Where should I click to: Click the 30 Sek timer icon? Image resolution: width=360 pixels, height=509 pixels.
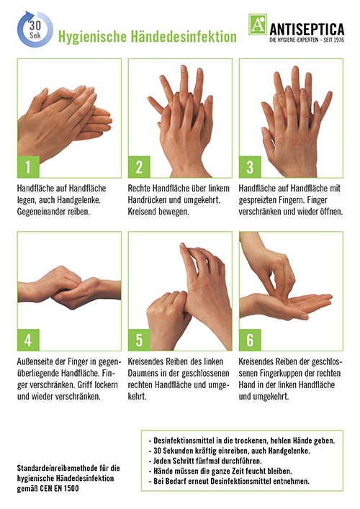click(x=35, y=30)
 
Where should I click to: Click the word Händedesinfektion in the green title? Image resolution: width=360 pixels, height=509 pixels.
click(x=184, y=37)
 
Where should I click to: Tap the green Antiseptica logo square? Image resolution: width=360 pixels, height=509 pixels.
click(x=258, y=24)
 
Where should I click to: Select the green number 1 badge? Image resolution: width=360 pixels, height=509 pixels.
click(x=28, y=167)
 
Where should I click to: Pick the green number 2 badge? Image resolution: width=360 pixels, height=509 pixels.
click(x=139, y=167)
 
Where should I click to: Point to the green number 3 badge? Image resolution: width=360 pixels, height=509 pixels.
click(x=250, y=167)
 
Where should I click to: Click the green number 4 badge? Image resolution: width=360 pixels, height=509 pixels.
click(x=28, y=340)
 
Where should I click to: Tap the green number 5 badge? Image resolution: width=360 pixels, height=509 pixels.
click(x=139, y=340)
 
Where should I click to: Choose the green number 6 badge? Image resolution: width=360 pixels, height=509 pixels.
click(x=250, y=340)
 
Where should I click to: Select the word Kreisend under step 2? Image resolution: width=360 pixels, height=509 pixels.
click(x=142, y=212)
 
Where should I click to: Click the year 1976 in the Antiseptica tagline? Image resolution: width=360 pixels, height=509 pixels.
click(x=338, y=40)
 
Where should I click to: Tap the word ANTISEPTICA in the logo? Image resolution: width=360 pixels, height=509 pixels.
click(x=307, y=30)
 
